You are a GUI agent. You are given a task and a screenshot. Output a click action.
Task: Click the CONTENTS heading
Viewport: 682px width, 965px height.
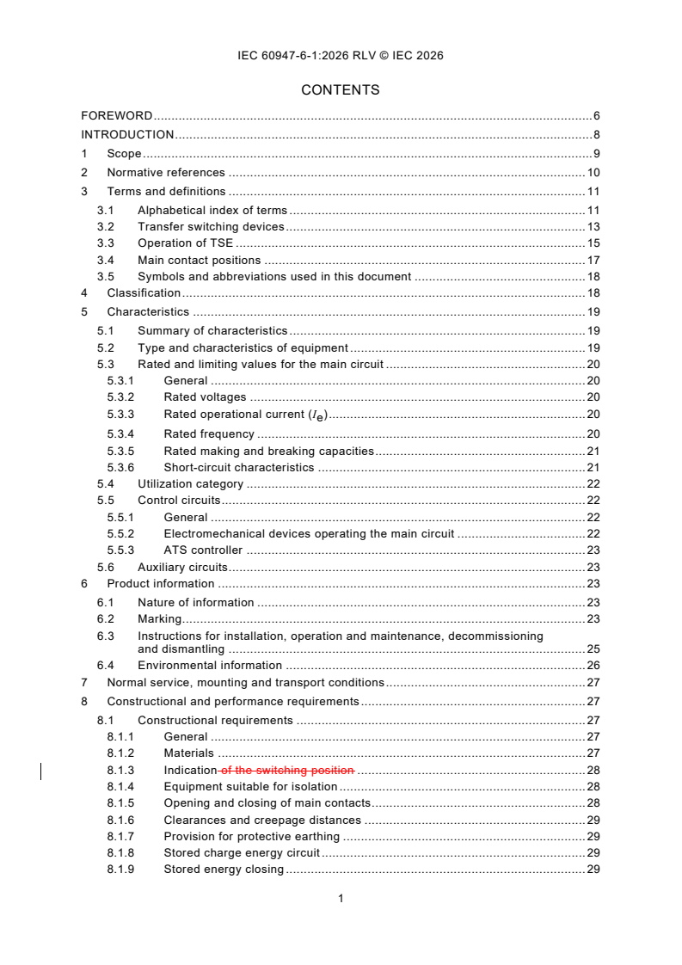click(x=341, y=90)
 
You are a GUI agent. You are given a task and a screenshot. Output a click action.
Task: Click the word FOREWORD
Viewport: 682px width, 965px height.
click(x=117, y=115)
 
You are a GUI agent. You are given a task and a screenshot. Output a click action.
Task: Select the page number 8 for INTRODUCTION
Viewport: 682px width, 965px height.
click(x=596, y=134)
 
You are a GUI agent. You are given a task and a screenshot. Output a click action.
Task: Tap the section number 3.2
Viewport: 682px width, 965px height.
click(x=105, y=227)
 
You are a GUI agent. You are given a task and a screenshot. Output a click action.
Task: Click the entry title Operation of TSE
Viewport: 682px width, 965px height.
click(x=185, y=243)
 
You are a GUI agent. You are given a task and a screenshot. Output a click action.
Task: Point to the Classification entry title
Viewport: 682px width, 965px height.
click(x=144, y=293)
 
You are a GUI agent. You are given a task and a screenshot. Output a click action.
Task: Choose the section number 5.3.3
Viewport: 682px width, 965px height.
click(x=120, y=415)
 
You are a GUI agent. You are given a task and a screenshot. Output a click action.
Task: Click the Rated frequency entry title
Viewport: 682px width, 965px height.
click(x=209, y=434)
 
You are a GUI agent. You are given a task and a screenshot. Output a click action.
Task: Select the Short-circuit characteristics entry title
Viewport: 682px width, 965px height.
click(x=239, y=468)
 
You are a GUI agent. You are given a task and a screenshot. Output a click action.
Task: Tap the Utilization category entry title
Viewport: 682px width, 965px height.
click(x=190, y=484)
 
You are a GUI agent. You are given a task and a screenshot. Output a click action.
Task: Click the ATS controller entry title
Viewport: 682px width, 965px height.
click(x=203, y=550)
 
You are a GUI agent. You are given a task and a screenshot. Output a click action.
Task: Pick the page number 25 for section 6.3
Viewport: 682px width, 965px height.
click(x=593, y=649)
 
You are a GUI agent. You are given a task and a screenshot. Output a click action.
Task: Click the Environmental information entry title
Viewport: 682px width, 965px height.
click(x=209, y=666)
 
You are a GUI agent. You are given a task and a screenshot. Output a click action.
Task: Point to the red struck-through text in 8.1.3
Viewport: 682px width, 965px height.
click(x=286, y=771)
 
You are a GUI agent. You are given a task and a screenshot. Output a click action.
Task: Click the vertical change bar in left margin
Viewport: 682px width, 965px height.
click(x=42, y=771)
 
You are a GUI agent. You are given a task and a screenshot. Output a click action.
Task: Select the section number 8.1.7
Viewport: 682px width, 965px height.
click(x=120, y=837)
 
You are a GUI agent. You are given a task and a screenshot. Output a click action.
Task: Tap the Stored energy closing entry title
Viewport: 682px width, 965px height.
click(x=224, y=870)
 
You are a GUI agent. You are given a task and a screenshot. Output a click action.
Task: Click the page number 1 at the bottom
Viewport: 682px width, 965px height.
click(x=341, y=899)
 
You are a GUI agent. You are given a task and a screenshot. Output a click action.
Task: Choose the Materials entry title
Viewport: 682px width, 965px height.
click(x=188, y=753)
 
